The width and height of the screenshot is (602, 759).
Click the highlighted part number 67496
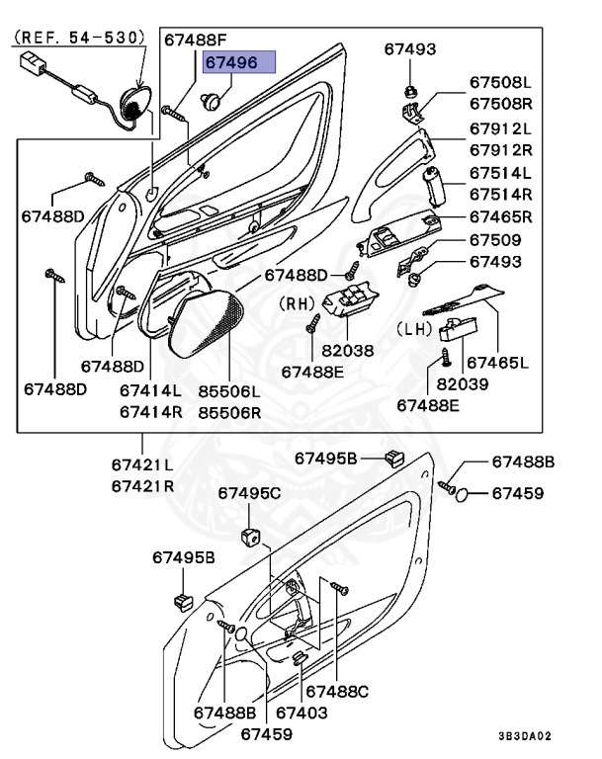tap(231, 61)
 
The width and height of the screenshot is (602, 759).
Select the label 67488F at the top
tap(195, 41)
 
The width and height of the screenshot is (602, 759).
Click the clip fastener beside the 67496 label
tap(213, 98)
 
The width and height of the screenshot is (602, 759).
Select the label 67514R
tap(500, 194)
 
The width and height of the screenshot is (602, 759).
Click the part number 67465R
tap(500, 216)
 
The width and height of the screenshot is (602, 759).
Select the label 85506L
tap(227, 392)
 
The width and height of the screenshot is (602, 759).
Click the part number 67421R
tap(142, 485)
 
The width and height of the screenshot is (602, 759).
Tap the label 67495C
tap(249, 492)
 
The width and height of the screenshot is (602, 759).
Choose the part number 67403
tap(301, 712)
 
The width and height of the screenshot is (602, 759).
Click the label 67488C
tap(337, 691)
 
